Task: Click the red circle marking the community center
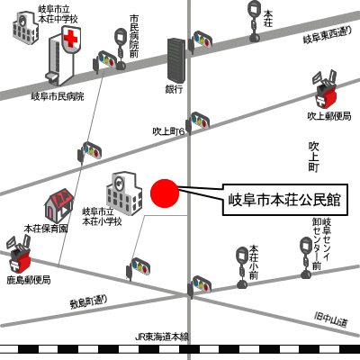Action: click(165, 193)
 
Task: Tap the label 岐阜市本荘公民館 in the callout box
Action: click(284, 200)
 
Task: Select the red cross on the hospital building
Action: click(71, 38)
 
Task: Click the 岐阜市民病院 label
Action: click(58, 96)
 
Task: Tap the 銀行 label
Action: click(174, 89)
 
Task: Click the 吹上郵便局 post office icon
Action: click(325, 91)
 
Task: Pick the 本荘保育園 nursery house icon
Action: click(59, 205)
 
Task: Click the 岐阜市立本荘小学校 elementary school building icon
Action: click(124, 193)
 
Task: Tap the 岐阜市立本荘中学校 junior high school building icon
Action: click(25, 28)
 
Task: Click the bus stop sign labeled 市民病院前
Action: click(121, 49)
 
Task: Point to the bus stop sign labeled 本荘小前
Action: click(242, 267)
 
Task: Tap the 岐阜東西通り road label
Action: click(328, 35)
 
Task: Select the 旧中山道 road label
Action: click(330, 319)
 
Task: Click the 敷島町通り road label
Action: click(88, 302)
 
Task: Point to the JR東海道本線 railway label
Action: click(162, 337)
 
